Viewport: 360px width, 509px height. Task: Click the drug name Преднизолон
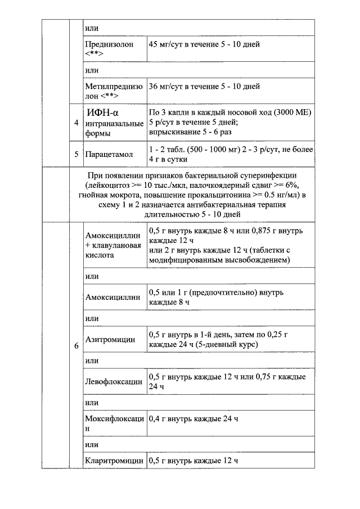click(x=109, y=44)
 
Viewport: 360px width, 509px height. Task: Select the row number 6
click(x=76, y=345)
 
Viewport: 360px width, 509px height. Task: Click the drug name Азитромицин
click(x=110, y=340)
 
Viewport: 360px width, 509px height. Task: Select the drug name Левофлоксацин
click(x=114, y=382)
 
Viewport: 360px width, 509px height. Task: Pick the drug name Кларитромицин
click(x=114, y=461)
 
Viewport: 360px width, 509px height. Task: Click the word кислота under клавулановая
click(x=100, y=255)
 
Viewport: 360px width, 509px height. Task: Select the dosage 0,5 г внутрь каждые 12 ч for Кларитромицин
click(x=193, y=461)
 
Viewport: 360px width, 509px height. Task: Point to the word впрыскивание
click(x=174, y=132)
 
